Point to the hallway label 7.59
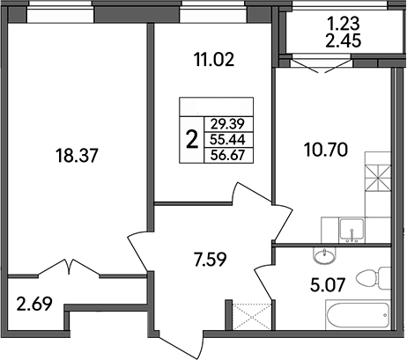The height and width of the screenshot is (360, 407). (x=211, y=260)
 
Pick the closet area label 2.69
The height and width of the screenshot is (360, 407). (x=33, y=307)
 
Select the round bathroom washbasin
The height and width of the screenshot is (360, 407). (x=326, y=256)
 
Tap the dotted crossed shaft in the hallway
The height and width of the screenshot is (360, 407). (x=242, y=314)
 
